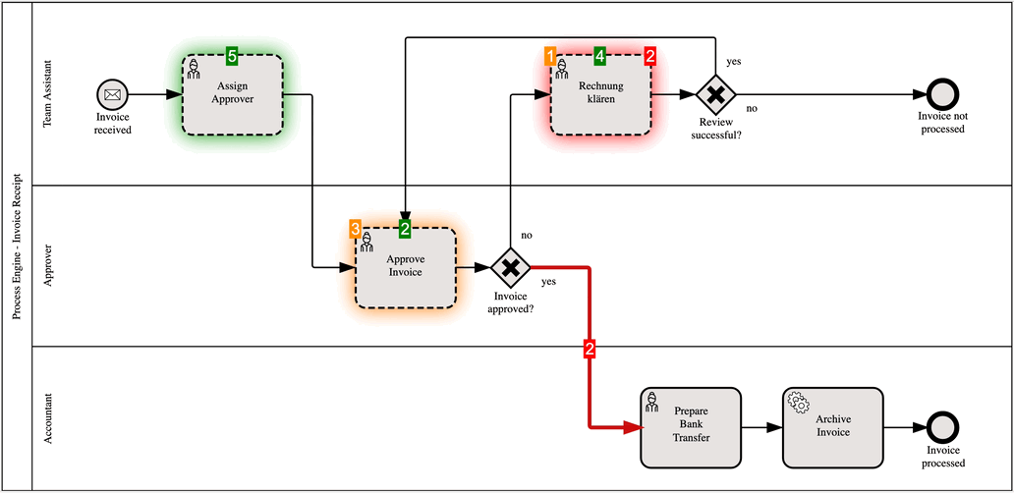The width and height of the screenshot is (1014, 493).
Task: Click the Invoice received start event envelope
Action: pyautogui.click(x=112, y=95)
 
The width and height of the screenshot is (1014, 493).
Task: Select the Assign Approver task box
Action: pyautogui.click(x=233, y=94)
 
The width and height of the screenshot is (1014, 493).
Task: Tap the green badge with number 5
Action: pyautogui.click(x=233, y=55)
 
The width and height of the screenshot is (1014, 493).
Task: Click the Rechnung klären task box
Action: pyautogui.click(x=600, y=94)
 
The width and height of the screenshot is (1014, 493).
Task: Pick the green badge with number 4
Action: pyautogui.click(x=600, y=55)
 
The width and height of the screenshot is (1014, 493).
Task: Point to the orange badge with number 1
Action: pyautogui.click(x=550, y=55)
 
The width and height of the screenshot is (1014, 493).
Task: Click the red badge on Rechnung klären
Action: pyautogui.click(x=650, y=55)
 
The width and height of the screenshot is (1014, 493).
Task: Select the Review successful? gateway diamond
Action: pyautogui.click(x=716, y=95)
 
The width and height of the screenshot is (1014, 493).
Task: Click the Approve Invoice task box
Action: pyautogui.click(x=405, y=267)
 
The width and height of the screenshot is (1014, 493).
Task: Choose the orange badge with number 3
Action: pyautogui.click(x=355, y=228)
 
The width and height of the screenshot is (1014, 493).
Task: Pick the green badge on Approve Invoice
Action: pyautogui.click(x=405, y=228)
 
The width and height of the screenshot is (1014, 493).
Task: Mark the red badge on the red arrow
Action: pyautogui.click(x=590, y=349)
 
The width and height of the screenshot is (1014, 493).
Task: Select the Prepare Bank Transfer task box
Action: pyautogui.click(x=691, y=427)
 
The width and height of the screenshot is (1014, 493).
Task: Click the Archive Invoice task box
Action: pyautogui.click(x=833, y=427)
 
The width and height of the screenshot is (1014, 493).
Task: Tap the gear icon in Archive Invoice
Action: pyautogui.click(x=799, y=402)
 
